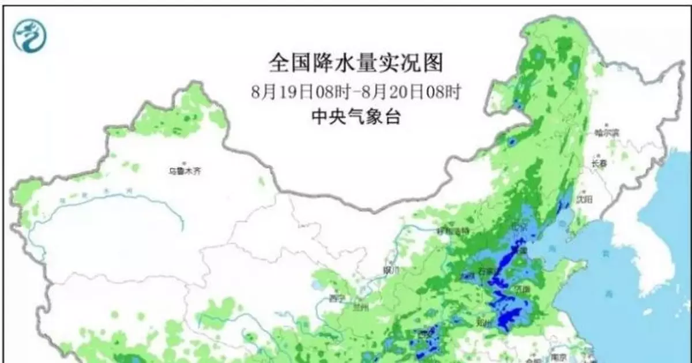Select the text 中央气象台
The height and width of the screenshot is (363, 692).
(356, 117)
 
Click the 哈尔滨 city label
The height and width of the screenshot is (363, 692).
(606, 133)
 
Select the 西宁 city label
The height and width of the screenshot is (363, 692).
(336, 298)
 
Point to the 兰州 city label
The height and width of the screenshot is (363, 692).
(362, 307)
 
